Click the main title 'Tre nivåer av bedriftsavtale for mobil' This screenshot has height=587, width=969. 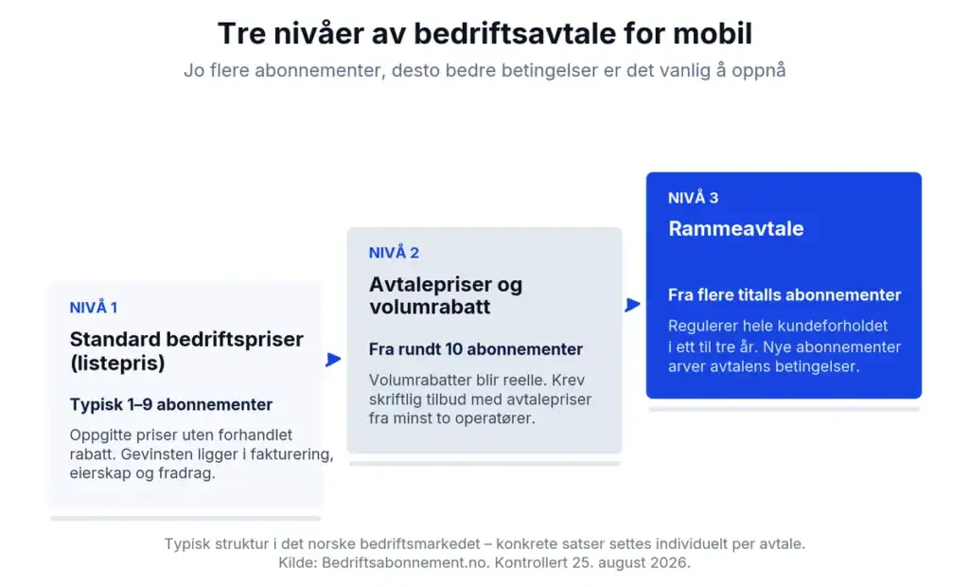(484, 33)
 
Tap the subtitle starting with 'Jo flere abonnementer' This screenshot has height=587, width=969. (484, 70)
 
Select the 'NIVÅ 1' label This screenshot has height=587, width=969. (94, 307)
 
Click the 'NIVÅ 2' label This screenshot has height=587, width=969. (394, 253)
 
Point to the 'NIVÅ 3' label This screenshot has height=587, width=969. (693, 197)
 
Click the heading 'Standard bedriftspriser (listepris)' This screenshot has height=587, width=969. (186, 350)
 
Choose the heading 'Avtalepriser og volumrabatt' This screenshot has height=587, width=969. (446, 295)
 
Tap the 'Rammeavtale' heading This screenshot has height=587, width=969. (736, 228)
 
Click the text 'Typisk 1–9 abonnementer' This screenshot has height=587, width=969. (171, 404)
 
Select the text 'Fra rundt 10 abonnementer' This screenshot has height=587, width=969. (476, 348)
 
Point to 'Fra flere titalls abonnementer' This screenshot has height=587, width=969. (784, 294)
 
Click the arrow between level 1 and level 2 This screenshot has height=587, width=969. (333, 360)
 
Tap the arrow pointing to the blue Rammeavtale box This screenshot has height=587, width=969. (632, 304)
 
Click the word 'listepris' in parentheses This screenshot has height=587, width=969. (117, 363)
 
